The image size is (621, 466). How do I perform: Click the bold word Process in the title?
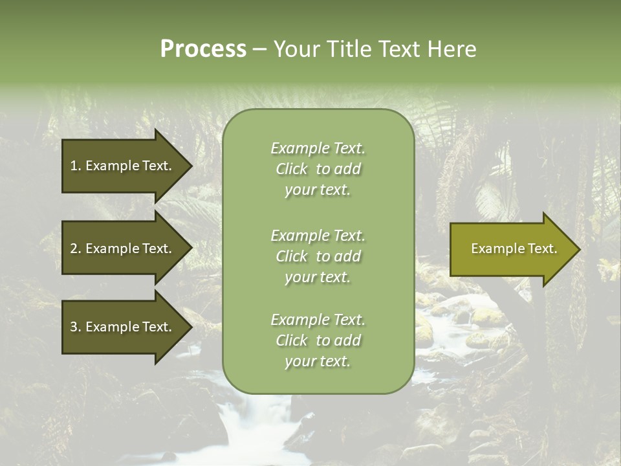point(203,49)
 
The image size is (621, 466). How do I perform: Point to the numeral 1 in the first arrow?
point(74,166)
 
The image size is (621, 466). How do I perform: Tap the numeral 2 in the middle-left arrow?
point(74,249)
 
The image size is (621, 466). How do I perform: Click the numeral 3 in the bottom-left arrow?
point(74,327)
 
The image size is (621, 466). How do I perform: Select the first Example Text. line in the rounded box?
point(318,148)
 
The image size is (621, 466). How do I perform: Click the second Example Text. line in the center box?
point(318,236)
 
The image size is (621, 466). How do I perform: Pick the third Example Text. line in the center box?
point(318,320)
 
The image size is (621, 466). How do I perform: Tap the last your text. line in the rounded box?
point(318,362)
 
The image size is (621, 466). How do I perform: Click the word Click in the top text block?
point(292,170)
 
